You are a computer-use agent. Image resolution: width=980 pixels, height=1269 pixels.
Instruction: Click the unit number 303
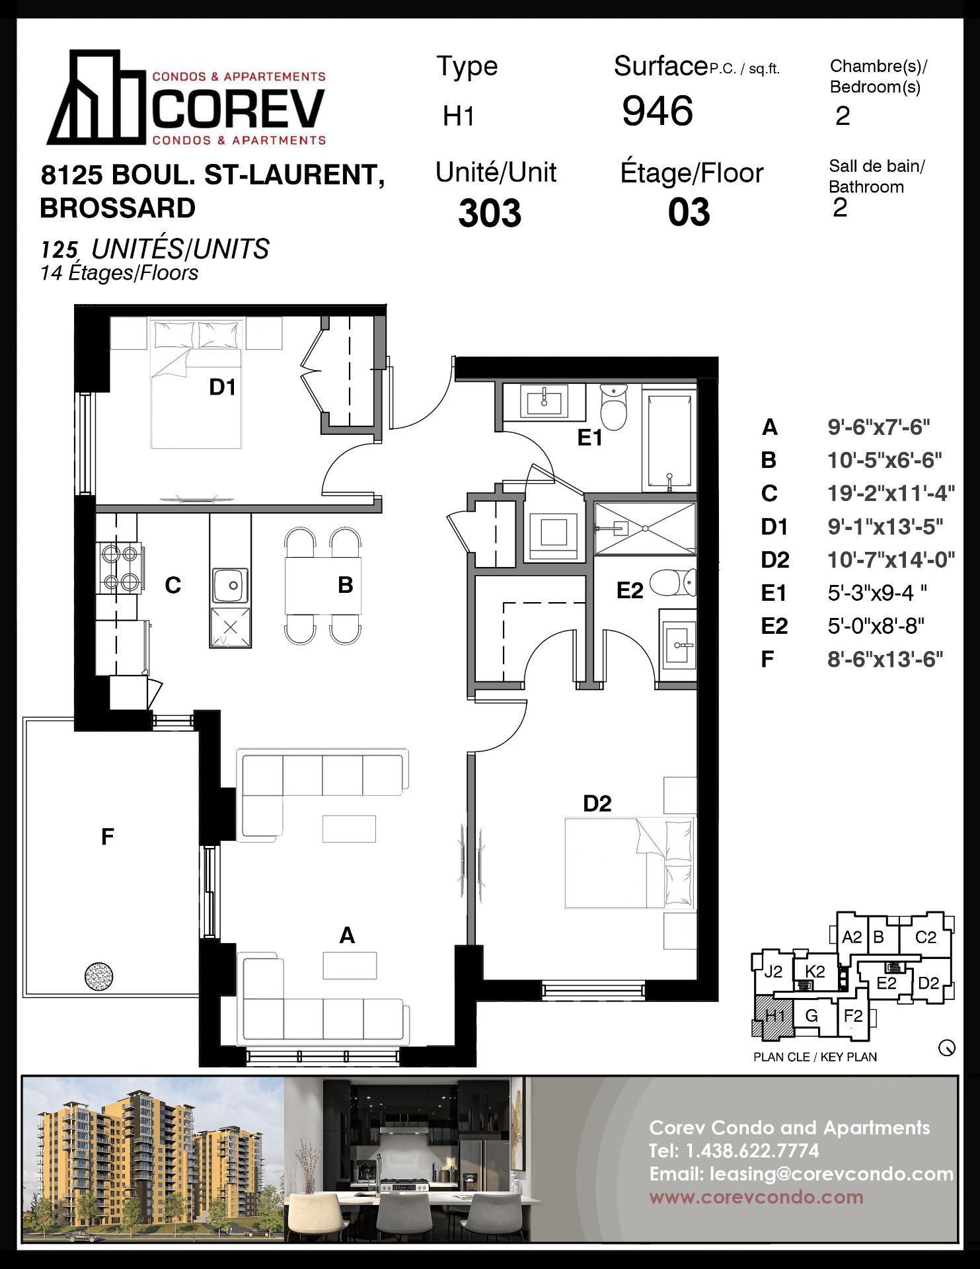point(490,213)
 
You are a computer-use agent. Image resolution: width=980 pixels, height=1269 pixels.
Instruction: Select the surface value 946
point(658,110)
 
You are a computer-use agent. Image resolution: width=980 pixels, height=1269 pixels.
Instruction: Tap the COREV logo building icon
point(96,97)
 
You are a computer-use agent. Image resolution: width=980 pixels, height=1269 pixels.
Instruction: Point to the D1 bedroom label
point(222,387)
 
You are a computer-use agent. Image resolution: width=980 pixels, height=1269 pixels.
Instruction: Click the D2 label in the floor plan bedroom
point(597,803)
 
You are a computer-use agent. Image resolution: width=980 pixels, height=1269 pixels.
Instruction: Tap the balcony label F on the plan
point(108,837)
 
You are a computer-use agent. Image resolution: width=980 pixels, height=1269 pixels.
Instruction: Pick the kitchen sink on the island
point(231,585)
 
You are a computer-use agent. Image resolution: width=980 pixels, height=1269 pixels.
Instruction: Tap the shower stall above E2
point(645,529)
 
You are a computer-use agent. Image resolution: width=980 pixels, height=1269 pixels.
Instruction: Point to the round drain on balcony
point(99,976)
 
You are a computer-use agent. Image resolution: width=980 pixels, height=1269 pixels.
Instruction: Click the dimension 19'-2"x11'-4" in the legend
point(891,493)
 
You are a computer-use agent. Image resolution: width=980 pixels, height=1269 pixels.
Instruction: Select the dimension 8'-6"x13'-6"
point(885,659)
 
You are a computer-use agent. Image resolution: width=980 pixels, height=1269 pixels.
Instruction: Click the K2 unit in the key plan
point(815,972)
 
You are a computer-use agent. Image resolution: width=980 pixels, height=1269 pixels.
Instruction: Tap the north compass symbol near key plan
point(947,1048)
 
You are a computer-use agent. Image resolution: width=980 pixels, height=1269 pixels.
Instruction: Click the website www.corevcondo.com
point(756,1197)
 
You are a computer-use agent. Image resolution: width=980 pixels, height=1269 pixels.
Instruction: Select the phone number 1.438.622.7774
point(752,1151)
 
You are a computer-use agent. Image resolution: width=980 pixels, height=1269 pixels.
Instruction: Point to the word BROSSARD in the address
point(118,208)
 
